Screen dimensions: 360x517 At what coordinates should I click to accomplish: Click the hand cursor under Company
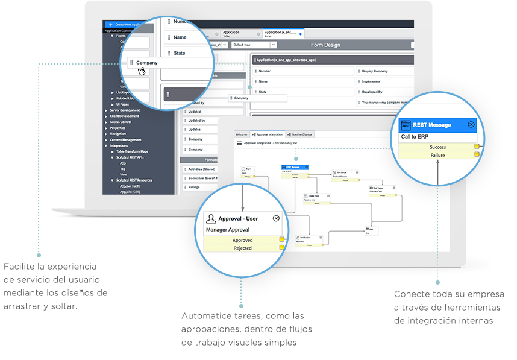(x=142, y=71)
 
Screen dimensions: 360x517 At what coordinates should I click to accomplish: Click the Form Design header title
(x=325, y=45)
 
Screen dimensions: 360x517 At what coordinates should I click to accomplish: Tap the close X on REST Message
(x=471, y=124)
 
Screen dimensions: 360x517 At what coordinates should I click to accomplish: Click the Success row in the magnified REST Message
(x=438, y=147)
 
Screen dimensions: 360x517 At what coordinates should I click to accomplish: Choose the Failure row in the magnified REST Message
(x=438, y=155)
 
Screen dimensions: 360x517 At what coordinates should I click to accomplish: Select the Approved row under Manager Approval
(x=242, y=240)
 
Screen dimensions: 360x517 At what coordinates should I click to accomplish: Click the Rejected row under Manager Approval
(x=242, y=248)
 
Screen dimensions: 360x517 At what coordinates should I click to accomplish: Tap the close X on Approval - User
(x=276, y=218)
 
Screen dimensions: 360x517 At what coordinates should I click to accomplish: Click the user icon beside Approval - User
(x=211, y=218)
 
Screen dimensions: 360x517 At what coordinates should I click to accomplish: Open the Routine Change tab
(x=299, y=134)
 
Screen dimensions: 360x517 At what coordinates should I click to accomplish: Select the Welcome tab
(x=242, y=134)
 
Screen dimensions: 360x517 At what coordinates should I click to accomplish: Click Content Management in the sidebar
(x=126, y=140)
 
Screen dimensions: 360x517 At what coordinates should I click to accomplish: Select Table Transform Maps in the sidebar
(x=132, y=151)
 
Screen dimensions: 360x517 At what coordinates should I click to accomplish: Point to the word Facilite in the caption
(x=19, y=267)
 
